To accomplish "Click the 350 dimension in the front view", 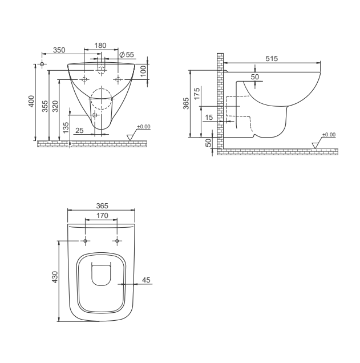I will pos(59,50).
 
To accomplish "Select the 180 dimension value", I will pos(100,46).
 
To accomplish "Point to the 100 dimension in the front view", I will pos(144,71).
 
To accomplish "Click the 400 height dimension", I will pos(32,102).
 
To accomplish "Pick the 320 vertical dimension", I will pos(55,106).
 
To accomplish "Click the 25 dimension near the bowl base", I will pos(79,131).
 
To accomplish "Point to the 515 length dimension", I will pos(272,58).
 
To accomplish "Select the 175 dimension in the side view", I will pos(197,94).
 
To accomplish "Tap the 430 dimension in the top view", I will pos(55,277).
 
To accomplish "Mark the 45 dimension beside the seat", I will pos(145,280).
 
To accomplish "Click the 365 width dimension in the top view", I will pos(102,205).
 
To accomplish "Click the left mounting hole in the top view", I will pos(85,241).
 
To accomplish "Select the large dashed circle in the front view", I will pos(101,99).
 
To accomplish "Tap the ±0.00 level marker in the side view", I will pos(329,135).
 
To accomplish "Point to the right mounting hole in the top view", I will pos(117,241).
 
